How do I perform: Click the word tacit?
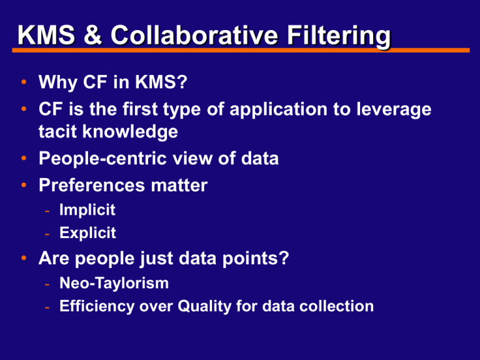[57, 132]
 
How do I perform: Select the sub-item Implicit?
[87, 211]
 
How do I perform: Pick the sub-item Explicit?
[87, 233]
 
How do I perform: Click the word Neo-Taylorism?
[114, 283]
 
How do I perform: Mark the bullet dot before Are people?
[22, 257]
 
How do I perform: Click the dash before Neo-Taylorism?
[47, 284]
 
